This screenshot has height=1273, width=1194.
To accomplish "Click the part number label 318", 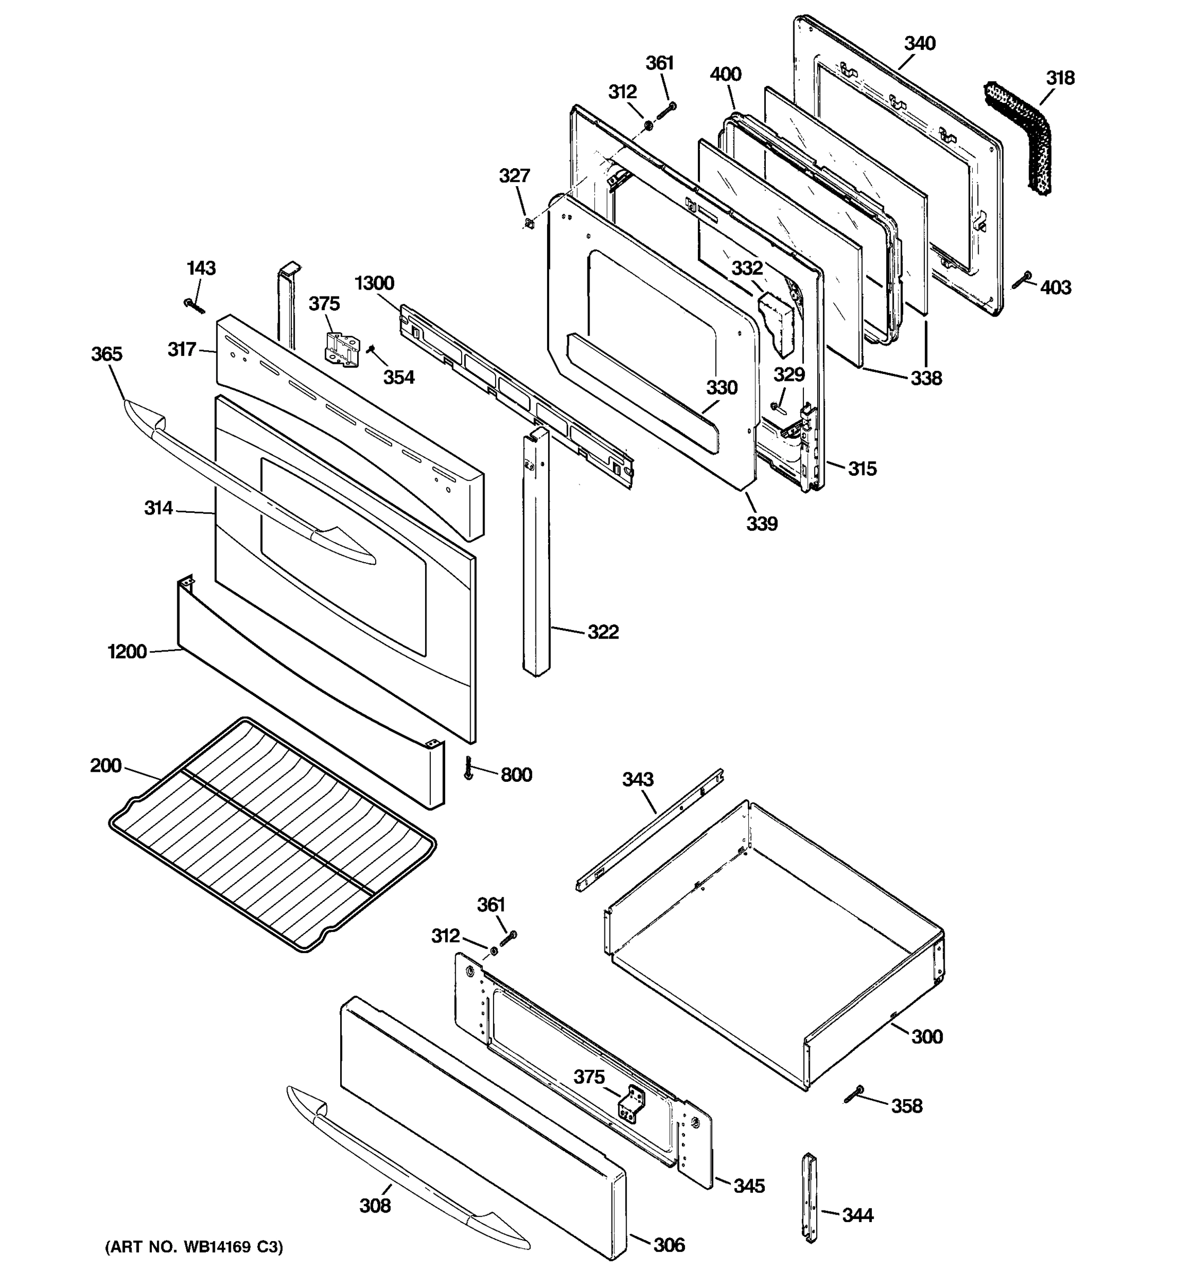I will [x=1060, y=78].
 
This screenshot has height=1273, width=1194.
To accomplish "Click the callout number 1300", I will [x=375, y=283].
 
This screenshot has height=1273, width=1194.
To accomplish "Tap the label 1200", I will [x=127, y=652].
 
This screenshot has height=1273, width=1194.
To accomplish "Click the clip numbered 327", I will [x=529, y=223].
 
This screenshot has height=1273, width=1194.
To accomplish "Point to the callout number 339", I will [x=762, y=524].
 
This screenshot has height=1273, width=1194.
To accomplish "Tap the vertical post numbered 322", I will [x=536, y=551].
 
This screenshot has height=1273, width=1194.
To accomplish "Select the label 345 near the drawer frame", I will [x=749, y=1186].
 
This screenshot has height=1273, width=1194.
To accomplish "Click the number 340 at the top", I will [x=920, y=43].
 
